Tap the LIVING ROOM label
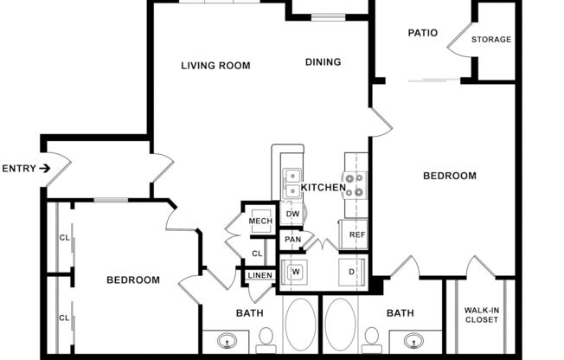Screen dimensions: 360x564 (215, 65)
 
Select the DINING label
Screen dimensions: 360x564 (323, 61)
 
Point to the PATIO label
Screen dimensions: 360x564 (422, 33)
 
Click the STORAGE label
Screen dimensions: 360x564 (490, 39)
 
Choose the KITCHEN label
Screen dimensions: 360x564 (324, 187)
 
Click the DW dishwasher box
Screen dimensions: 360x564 (292, 214)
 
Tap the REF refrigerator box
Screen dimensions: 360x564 (356, 234)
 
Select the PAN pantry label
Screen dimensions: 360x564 (292, 240)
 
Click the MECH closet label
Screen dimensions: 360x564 (260, 221)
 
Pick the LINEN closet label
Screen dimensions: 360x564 (260, 276)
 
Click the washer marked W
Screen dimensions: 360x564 (295, 271)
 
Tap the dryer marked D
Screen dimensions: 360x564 (352, 271)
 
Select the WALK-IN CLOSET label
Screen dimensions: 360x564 (481, 315)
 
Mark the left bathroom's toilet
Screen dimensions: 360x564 (266, 337)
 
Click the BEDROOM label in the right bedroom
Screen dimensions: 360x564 (449, 176)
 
